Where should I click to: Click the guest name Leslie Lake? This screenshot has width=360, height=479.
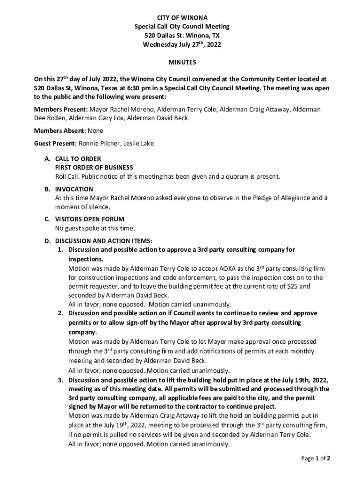coord(138,144)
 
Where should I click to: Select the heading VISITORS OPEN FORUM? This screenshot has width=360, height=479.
coord(89,219)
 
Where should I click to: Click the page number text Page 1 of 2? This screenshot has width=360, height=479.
coord(316,459)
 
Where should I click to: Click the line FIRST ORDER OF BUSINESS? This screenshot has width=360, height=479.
coord(94,167)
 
